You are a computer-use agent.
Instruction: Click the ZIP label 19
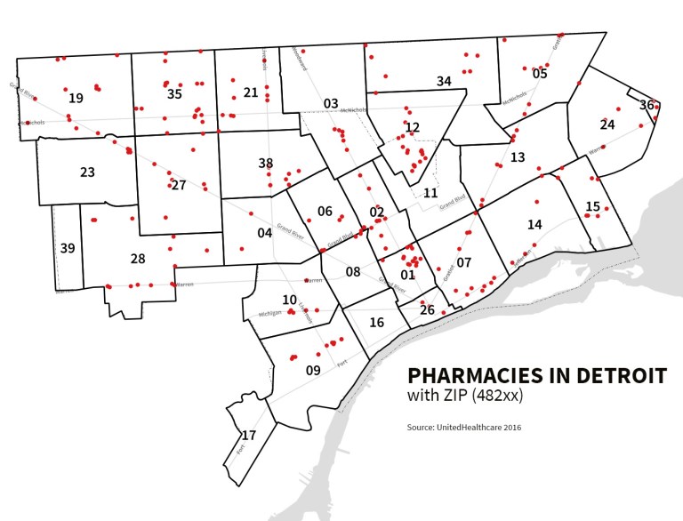click(76, 98)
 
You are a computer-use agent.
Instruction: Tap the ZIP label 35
click(174, 93)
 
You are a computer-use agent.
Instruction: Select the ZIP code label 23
click(87, 172)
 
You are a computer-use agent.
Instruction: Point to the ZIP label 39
click(68, 248)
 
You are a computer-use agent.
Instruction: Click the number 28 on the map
click(138, 259)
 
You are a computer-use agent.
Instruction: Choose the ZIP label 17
click(249, 436)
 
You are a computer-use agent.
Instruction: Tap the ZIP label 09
click(313, 370)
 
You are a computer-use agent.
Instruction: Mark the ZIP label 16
click(376, 322)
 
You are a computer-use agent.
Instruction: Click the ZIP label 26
click(427, 309)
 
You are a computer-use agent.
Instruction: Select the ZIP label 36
click(647, 105)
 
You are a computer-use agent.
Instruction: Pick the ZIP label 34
click(444, 82)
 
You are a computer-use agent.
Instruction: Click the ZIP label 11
click(430, 193)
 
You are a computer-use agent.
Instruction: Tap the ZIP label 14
click(534, 224)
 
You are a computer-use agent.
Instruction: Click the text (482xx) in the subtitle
click(490, 396)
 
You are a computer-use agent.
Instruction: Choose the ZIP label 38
click(265, 163)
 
